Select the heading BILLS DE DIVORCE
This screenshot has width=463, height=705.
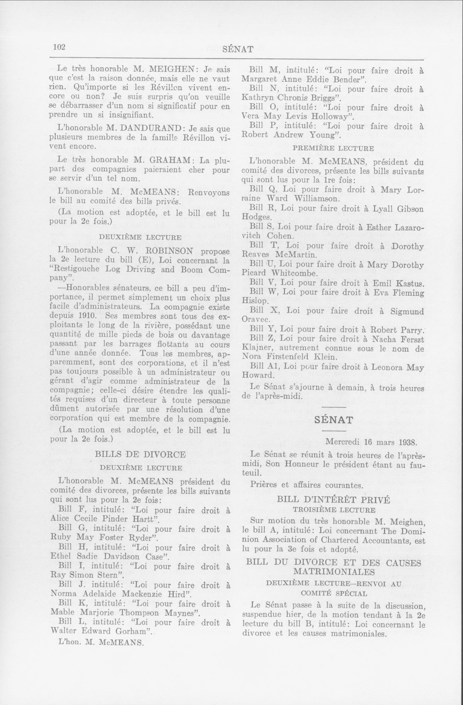point(140,454)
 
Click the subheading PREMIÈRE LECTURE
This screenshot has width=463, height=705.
point(333,148)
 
